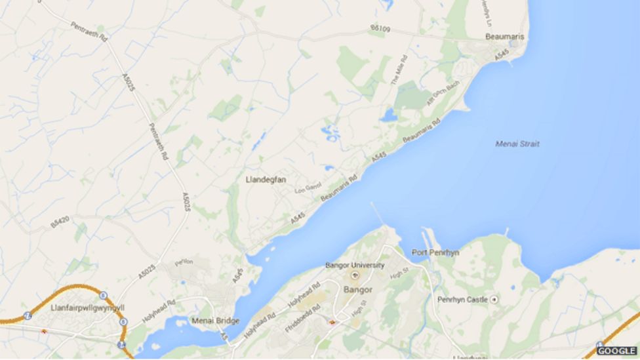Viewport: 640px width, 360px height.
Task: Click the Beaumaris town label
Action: coord(504,37)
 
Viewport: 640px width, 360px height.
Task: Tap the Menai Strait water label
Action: coord(517,144)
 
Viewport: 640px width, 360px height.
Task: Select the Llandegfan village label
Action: coord(266,179)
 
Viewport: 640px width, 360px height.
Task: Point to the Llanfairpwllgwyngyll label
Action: coord(87,307)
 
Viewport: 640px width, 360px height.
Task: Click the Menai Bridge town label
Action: coord(212,321)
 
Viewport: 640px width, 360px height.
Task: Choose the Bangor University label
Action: coord(355,266)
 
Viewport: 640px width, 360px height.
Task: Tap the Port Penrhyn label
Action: coord(435,252)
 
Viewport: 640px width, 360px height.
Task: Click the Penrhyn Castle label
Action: coord(462,300)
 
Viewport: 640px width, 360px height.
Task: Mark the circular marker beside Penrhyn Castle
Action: coord(494,300)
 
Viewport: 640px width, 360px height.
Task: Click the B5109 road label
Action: coord(380,29)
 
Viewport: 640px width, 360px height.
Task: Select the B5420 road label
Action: coord(60,223)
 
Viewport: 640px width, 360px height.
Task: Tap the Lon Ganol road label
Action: coord(308,188)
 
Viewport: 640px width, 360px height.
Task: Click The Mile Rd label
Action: coord(399,70)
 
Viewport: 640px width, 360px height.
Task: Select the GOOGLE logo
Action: coord(616,351)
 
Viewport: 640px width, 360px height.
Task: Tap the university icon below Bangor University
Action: coord(355,275)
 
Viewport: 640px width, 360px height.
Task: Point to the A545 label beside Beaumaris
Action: coord(501,57)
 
